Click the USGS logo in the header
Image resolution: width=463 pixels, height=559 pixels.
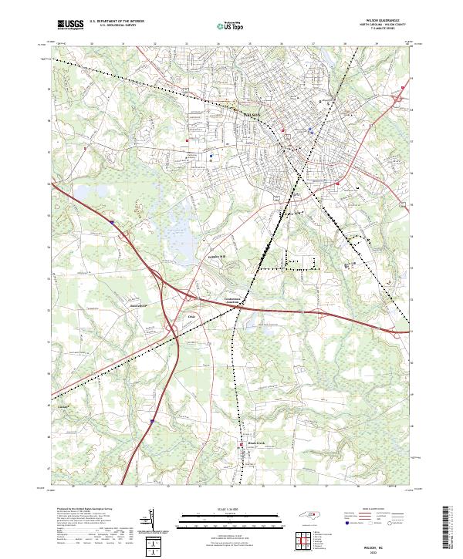click(70, 25)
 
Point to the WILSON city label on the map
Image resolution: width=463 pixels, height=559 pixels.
click(255, 115)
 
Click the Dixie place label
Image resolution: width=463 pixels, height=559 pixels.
click(193, 316)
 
